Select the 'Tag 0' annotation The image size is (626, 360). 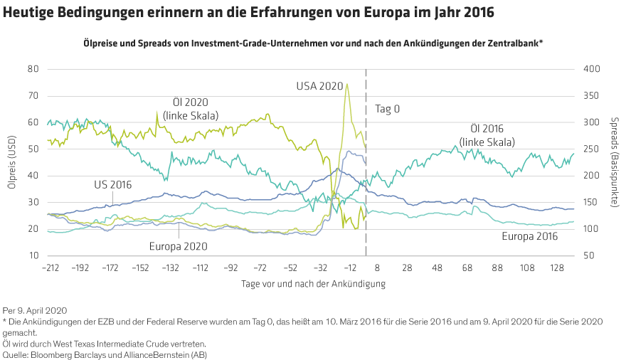point(387,109)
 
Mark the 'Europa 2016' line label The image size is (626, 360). point(529,237)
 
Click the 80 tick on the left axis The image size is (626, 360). point(33,69)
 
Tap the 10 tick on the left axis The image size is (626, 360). point(33,255)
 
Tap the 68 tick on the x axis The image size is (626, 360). point(467,268)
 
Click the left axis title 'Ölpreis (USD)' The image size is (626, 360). point(11,162)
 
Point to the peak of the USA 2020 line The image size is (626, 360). point(346,85)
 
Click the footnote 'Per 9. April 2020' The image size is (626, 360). point(36,310)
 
